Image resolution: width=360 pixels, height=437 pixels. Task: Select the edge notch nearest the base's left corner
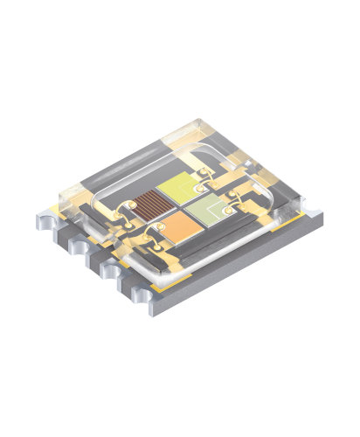click(62, 233)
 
